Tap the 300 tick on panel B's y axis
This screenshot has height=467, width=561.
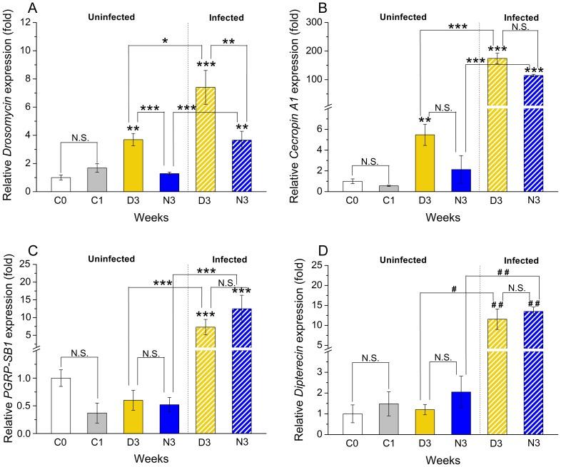coord(320,23)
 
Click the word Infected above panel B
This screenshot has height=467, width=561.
coord(522,17)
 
